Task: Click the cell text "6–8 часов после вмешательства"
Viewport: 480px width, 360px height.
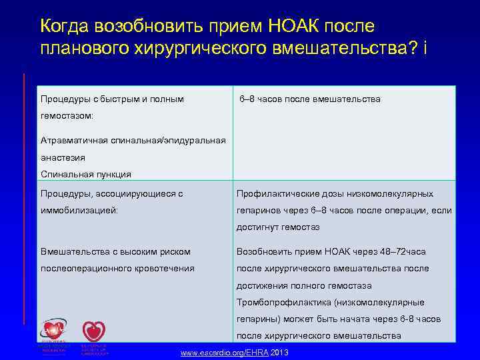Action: pyautogui.click(x=310, y=99)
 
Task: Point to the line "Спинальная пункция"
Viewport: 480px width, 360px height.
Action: pyautogui.click(x=86, y=174)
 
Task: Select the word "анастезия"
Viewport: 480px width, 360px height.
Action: pyautogui.click(x=63, y=157)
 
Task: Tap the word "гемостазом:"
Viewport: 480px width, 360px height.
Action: pyautogui.click(x=67, y=115)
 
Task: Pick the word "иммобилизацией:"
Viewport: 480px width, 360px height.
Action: pyautogui.click(x=79, y=210)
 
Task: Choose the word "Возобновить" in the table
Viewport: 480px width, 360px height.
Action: pyautogui.click(x=266, y=251)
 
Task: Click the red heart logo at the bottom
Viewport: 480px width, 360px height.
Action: pyautogui.click(x=93, y=333)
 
